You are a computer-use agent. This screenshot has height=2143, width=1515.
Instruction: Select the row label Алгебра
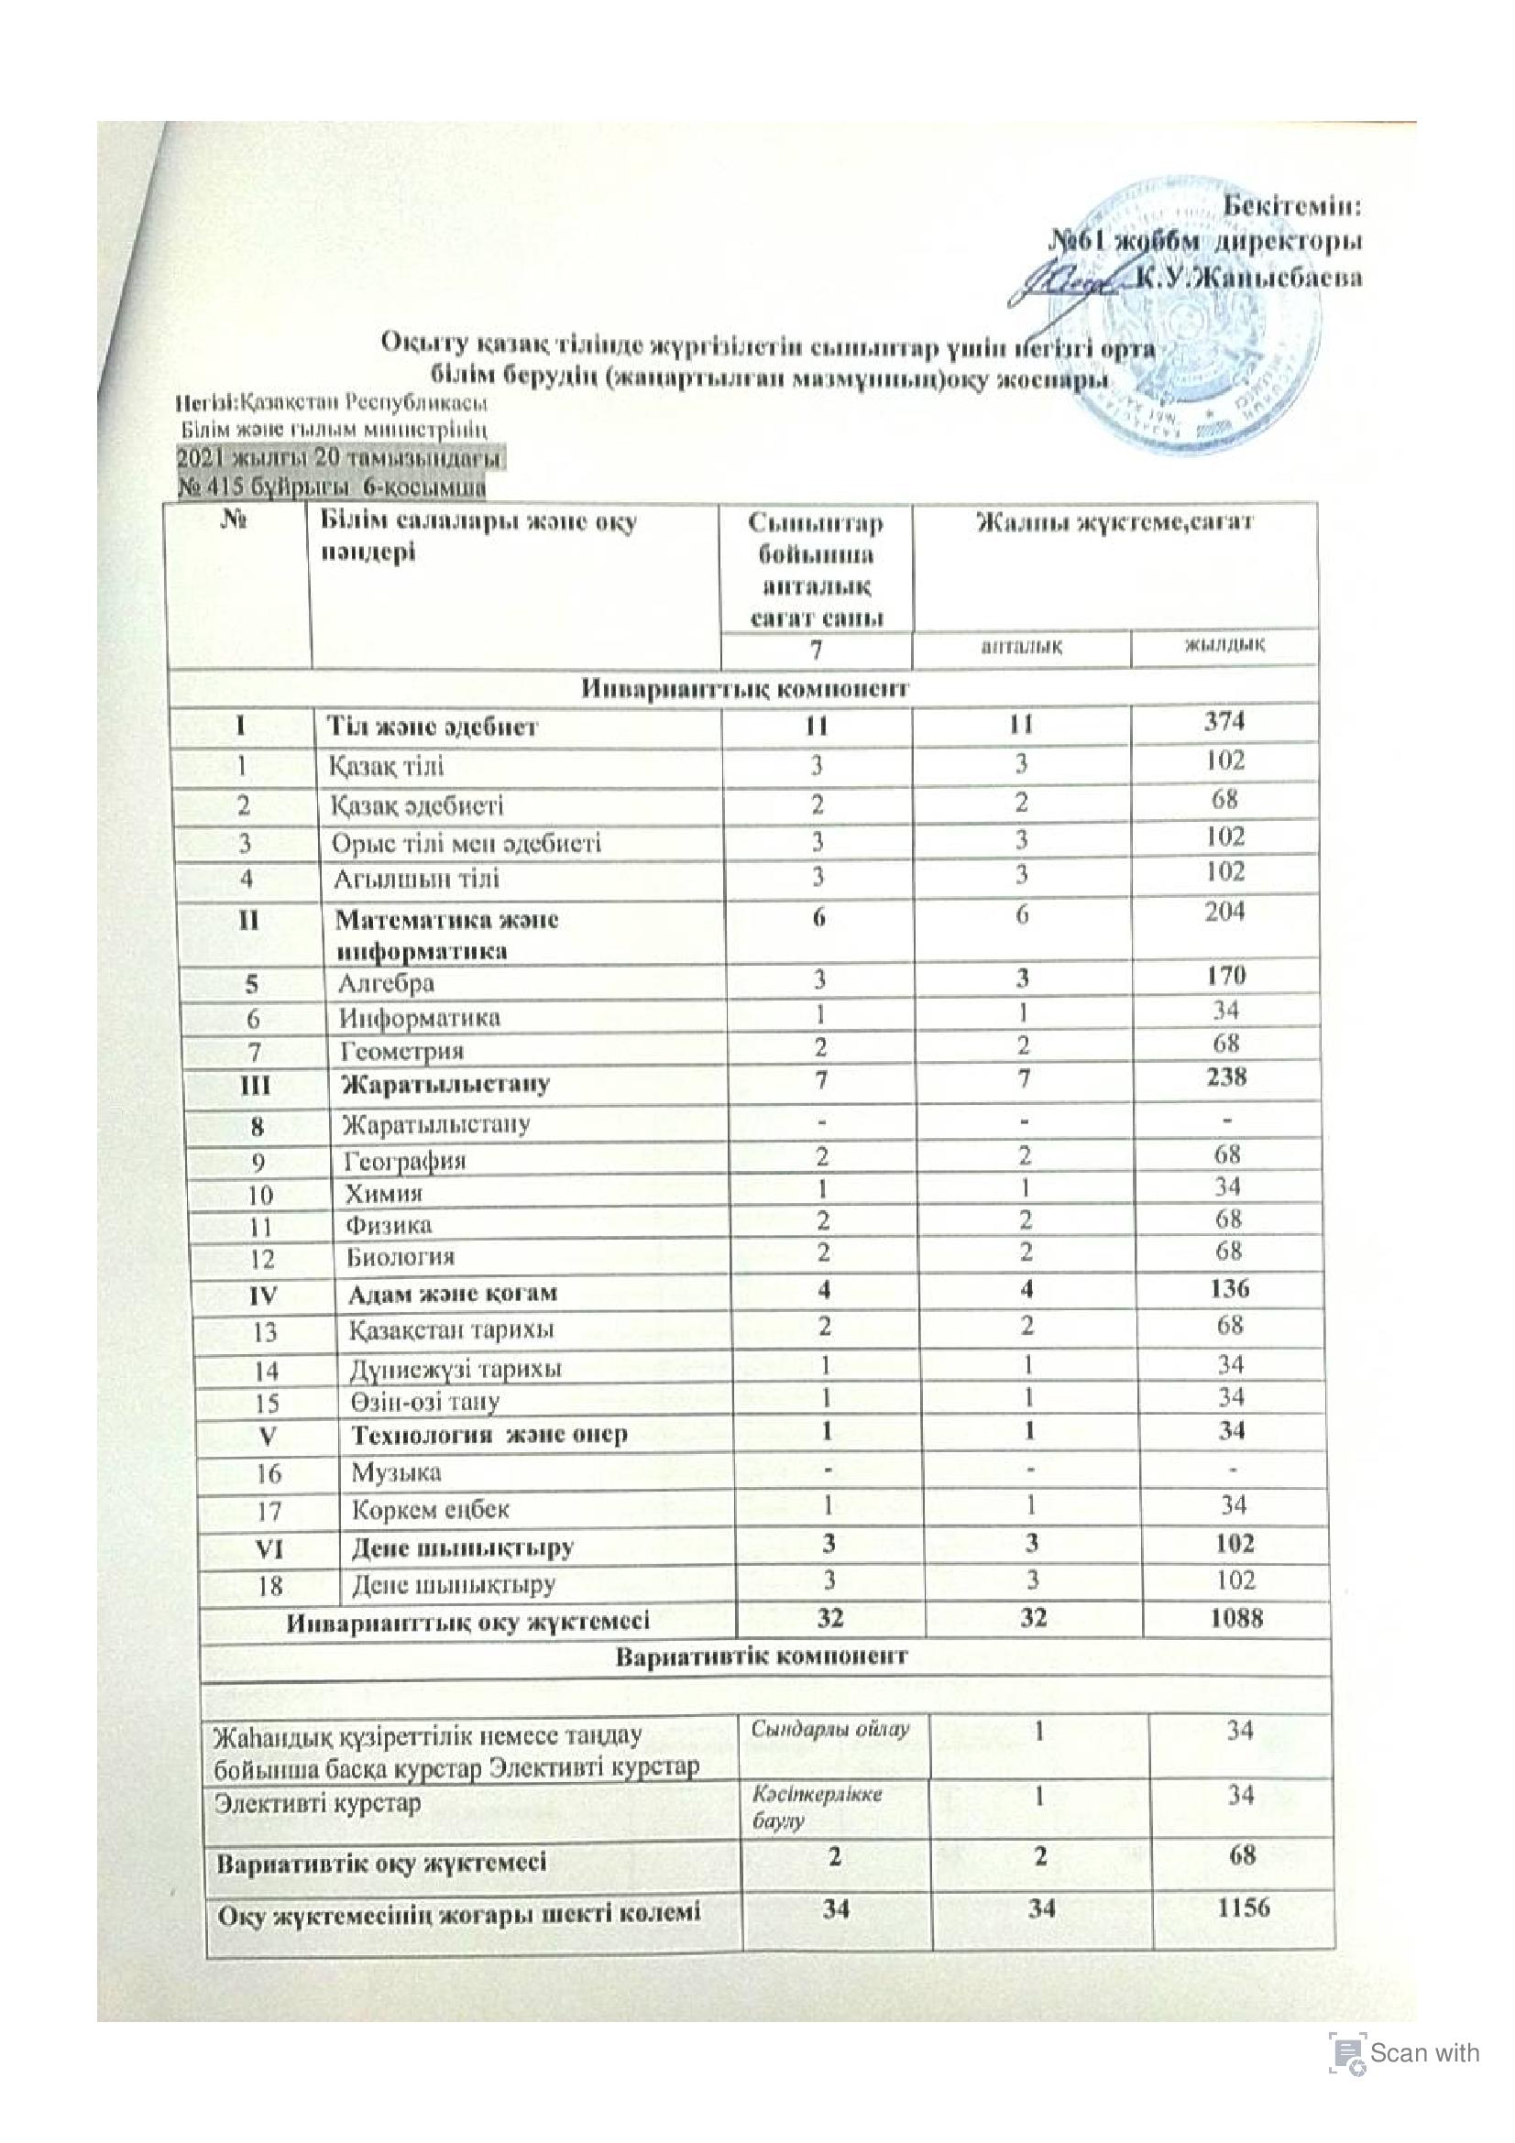click(x=386, y=983)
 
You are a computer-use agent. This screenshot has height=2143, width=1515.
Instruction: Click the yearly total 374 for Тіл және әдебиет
click(x=1224, y=720)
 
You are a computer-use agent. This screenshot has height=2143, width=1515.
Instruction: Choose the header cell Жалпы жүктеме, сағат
click(x=1114, y=522)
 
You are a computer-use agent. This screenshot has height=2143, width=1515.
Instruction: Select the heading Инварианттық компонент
click(x=745, y=689)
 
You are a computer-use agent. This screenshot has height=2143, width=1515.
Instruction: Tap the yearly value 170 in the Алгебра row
click(x=1225, y=977)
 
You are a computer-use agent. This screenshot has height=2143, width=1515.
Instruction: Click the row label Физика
click(x=389, y=1225)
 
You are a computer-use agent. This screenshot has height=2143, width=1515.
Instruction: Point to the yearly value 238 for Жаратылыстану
click(x=1226, y=1077)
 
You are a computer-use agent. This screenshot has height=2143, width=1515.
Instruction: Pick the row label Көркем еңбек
click(x=430, y=1509)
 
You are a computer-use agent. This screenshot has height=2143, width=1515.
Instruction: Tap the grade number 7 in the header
click(x=816, y=649)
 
